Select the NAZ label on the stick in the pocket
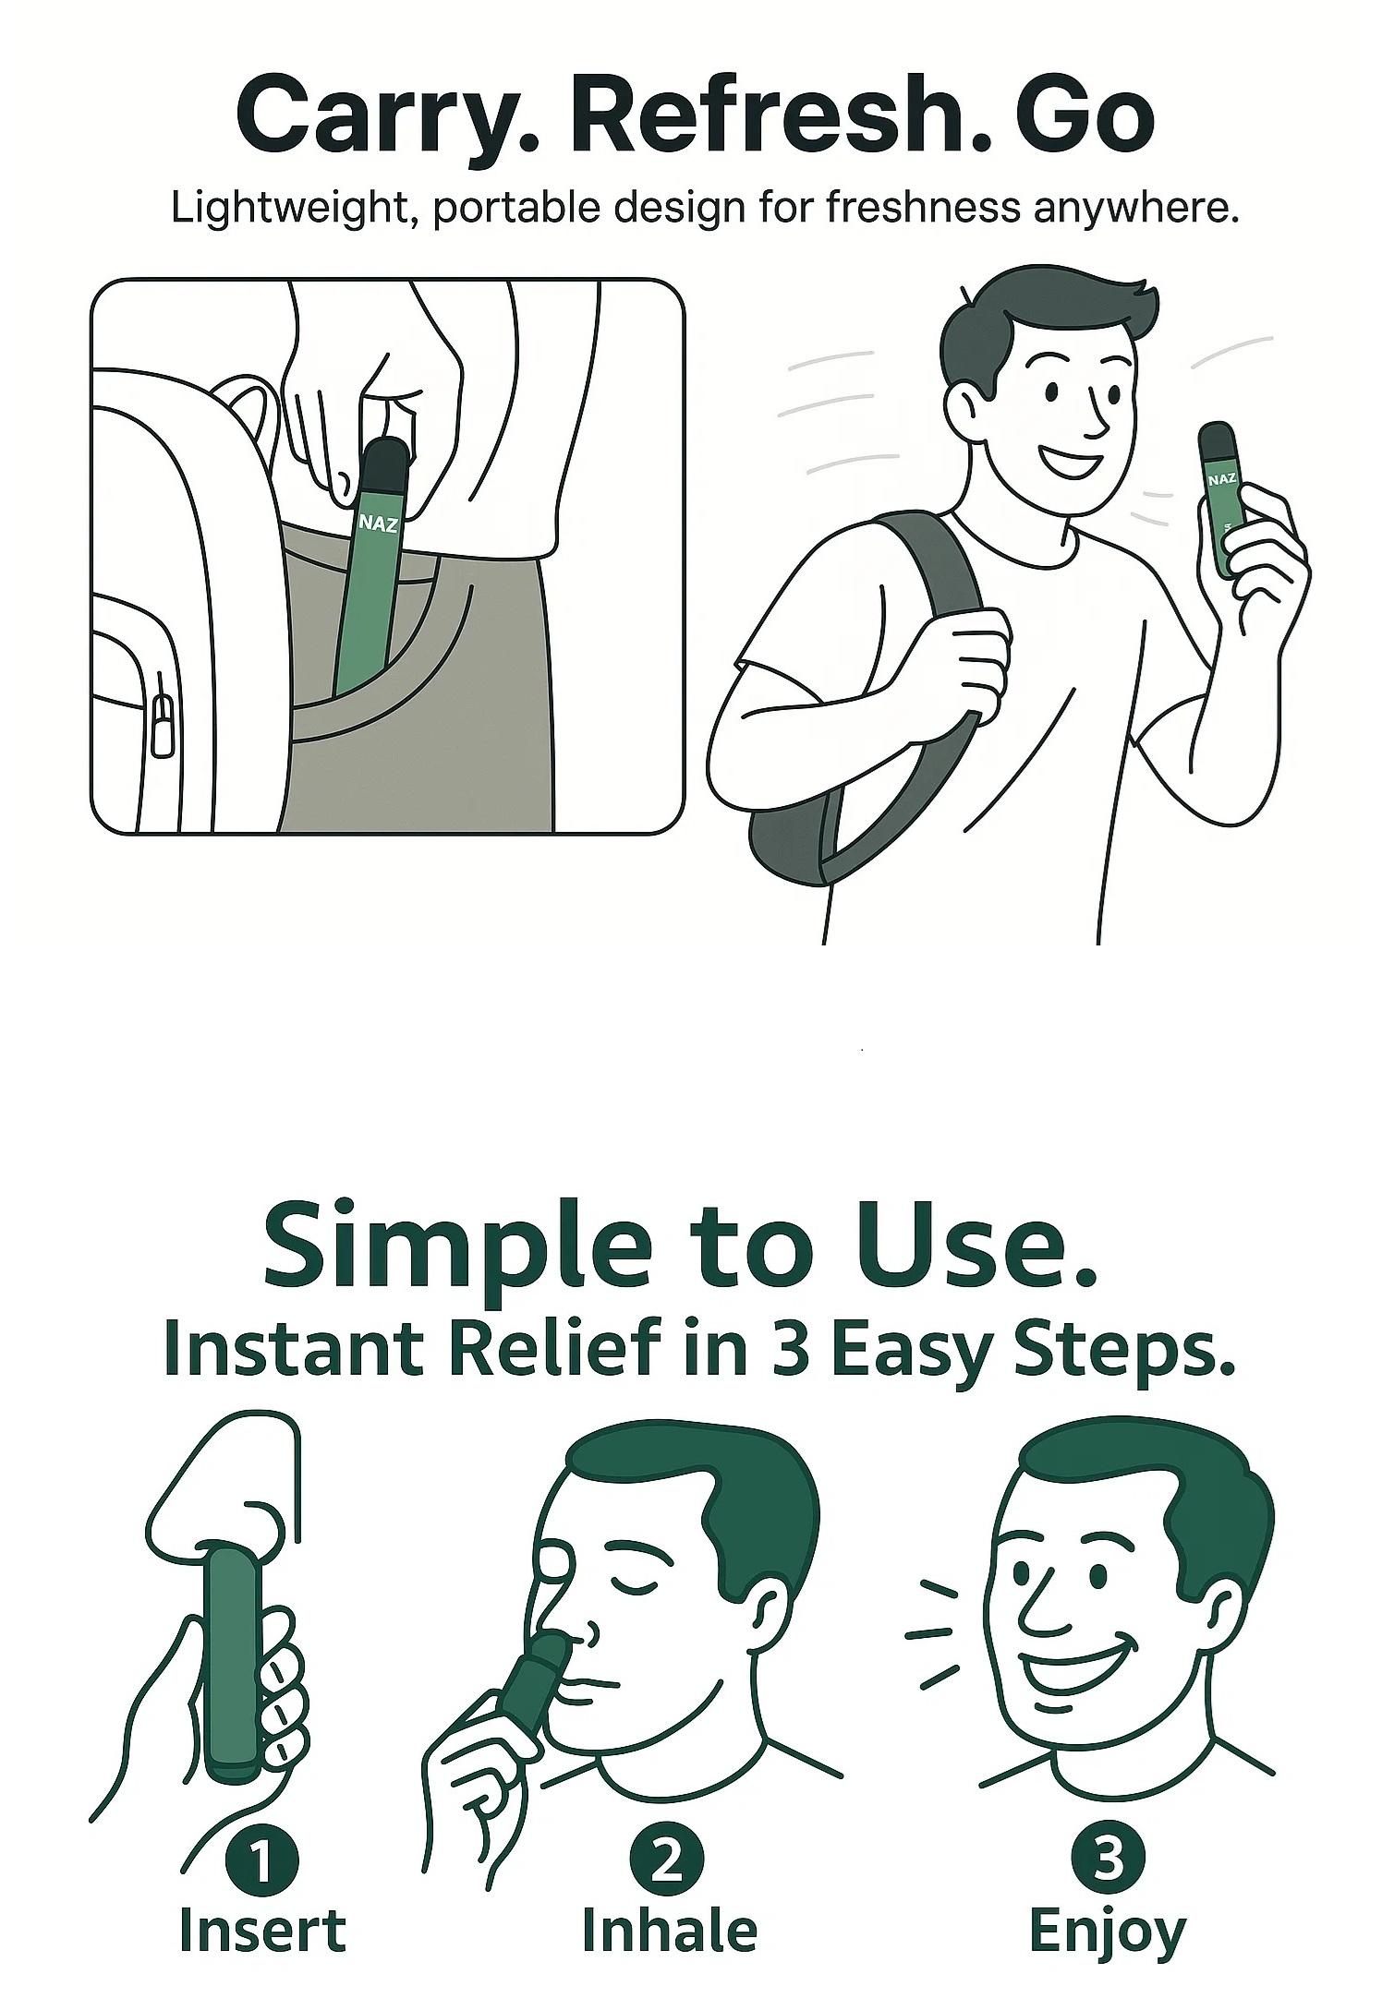tap(379, 524)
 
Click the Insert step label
tap(262, 1930)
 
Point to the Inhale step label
tap(669, 1930)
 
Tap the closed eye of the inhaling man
tap(634, 1585)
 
